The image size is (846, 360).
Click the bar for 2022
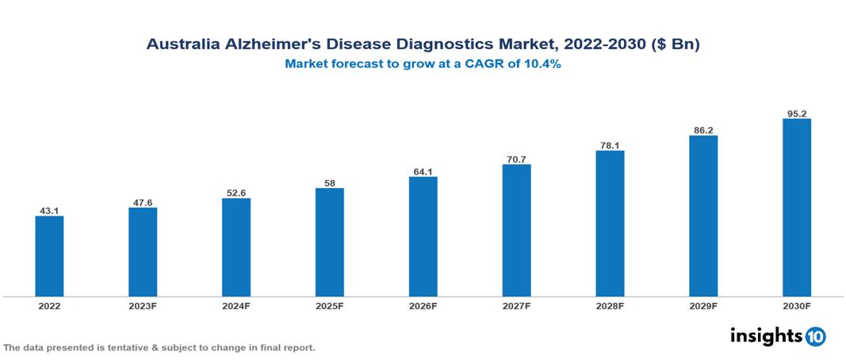tap(49, 256)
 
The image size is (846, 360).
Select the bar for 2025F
tap(329, 242)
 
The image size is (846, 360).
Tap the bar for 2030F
tap(796, 208)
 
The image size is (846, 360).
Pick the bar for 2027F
tap(516, 230)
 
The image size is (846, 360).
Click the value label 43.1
tap(49, 211)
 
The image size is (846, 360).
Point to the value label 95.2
tap(796, 113)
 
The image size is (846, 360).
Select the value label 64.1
tap(423, 171)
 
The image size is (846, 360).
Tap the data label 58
tap(329, 183)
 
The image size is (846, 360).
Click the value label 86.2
tap(702, 130)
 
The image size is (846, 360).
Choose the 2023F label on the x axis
tap(143, 305)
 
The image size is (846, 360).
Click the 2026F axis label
tap(423, 305)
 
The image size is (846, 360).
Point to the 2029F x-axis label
tap(702, 305)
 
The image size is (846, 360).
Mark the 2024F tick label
tap(236, 305)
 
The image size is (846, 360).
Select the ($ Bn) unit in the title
tap(674, 45)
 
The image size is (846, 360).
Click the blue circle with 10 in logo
tap(815, 336)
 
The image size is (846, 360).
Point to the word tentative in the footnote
tap(119, 347)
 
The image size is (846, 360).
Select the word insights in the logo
tap(765, 335)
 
